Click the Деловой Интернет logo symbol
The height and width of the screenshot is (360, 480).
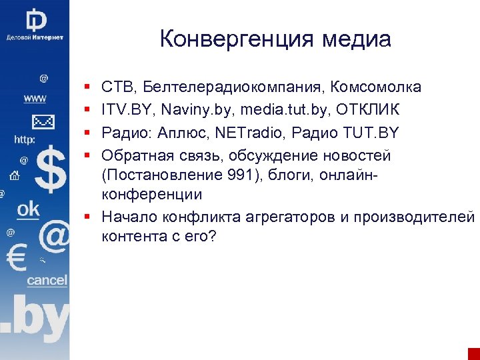[x=35, y=18]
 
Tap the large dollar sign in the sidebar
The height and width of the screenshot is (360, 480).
[x=51, y=170]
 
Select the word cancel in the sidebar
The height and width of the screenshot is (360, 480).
[x=47, y=280]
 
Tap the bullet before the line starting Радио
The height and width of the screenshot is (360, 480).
[x=88, y=133]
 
